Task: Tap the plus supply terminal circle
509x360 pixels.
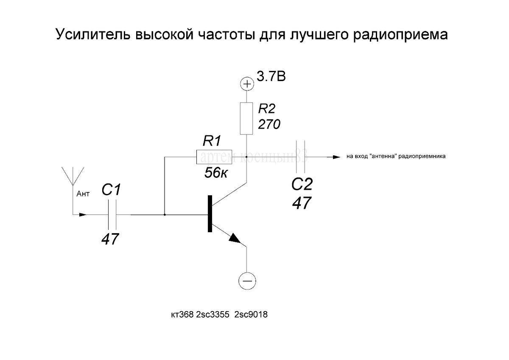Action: coord(246,84)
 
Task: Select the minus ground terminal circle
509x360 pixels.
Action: coord(247,280)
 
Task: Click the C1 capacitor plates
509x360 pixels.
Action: coord(112,214)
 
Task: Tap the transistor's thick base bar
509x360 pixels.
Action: coord(210,214)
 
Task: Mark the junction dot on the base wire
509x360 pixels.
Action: coord(165,215)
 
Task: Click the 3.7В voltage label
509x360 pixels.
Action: coord(271,77)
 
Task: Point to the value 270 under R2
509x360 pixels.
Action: coord(269,124)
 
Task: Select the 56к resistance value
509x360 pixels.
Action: coord(215,173)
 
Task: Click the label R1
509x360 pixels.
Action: coord(213,141)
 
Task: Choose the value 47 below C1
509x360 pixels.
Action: coord(110,240)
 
